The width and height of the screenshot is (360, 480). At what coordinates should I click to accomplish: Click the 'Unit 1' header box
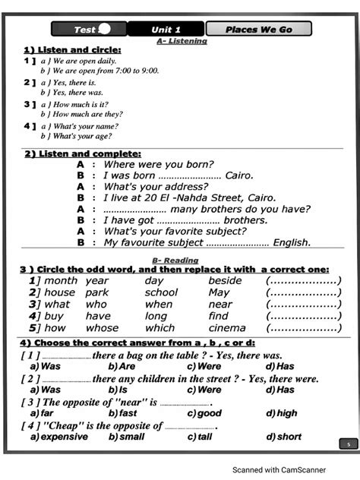166,30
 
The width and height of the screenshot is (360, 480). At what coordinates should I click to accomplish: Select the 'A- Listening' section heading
181,41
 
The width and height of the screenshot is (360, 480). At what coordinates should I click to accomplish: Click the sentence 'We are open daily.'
84,60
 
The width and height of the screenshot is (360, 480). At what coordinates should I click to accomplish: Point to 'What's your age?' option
81,136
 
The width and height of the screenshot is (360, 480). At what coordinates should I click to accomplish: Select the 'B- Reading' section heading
181,261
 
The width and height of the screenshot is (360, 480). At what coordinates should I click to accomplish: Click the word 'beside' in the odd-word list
225,280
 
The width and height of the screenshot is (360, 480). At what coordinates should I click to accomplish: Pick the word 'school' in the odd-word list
161,292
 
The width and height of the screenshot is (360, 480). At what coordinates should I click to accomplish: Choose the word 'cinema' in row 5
227,328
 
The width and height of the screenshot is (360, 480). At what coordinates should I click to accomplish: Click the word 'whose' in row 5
102,328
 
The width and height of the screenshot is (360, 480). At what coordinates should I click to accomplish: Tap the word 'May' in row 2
219,292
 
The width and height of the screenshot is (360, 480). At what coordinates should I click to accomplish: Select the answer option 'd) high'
282,413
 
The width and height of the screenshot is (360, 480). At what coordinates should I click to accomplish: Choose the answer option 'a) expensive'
59,437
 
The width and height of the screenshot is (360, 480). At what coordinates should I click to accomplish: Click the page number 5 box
348,444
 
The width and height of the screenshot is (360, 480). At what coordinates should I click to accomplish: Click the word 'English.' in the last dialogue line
292,243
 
